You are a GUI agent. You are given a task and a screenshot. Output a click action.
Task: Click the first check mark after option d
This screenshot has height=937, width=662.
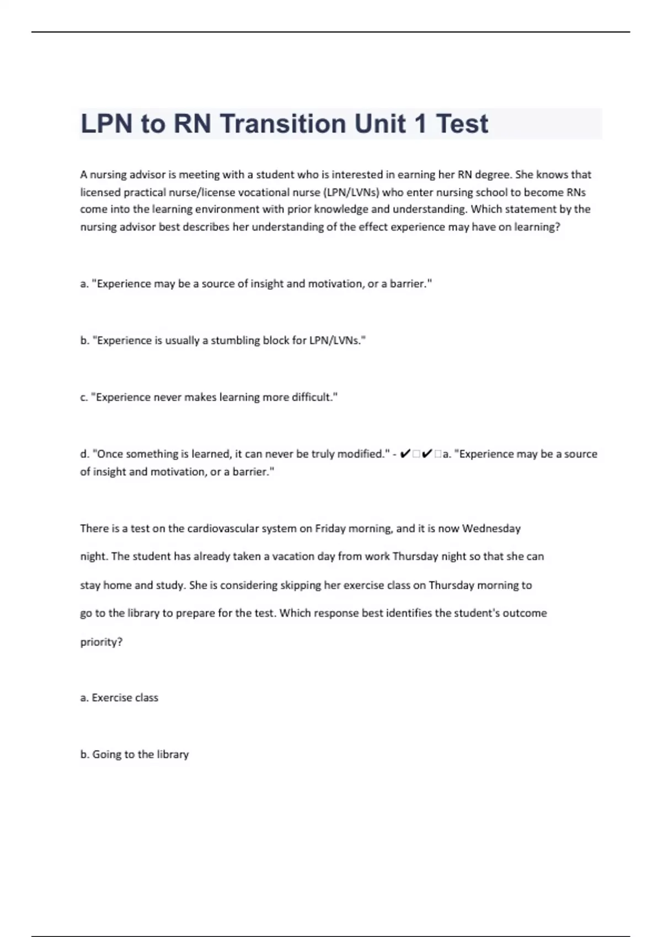404,454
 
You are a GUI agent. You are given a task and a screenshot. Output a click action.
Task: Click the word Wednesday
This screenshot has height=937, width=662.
491,529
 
